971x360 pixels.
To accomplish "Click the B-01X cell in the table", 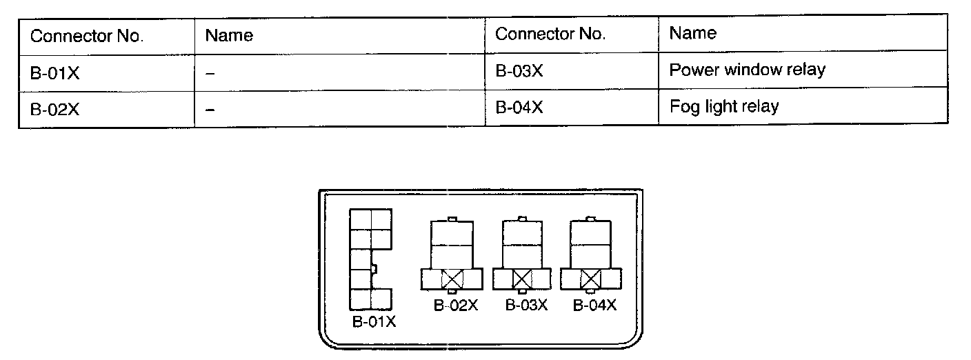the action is pos(55,72).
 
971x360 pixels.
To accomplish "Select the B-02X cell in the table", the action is pos(55,109).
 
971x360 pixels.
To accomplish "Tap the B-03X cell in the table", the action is pos(519,71).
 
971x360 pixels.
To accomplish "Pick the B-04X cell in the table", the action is pos(519,107).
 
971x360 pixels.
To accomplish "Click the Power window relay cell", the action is pos(747,70).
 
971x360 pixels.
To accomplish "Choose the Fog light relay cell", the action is pos(723,106).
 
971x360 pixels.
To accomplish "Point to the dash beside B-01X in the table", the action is pos(210,73).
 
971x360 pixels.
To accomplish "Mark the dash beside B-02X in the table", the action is pos(210,110).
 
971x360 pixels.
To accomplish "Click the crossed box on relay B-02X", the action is pos(451,279).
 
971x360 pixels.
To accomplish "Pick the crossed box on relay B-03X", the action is pos(522,279).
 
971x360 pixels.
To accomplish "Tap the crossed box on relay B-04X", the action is pos(590,279).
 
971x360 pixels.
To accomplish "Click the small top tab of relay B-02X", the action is pos(452,219).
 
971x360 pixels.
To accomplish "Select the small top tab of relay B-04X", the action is pos(591,219).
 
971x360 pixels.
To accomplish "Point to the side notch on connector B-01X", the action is pos(373,268).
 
